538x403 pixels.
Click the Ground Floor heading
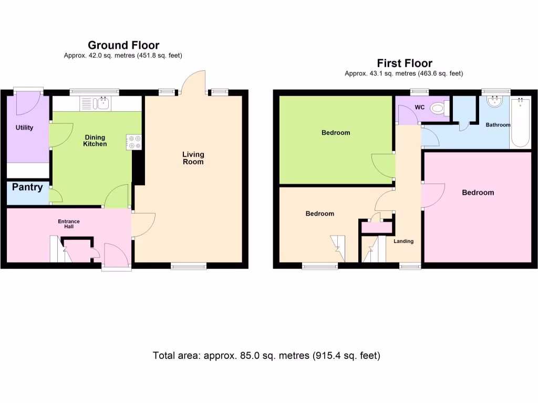coord(123,45)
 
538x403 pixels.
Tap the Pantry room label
coord(27,187)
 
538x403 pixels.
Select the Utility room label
coord(24,128)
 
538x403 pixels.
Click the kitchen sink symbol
coord(95,103)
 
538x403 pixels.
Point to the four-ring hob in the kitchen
coord(133,142)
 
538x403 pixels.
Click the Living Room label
coord(193,158)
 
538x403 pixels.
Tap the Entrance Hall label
coord(69,225)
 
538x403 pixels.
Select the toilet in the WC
coord(438,109)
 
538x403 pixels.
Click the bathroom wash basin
coord(495,101)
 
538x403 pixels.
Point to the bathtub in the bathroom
coord(521,123)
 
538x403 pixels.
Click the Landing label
coord(403,241)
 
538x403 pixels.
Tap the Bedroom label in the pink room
coord(478,193)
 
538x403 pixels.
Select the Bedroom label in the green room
coord(335,133)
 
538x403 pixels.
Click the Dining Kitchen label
coord(95,141)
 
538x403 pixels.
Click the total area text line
coord(266,356)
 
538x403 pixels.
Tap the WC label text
coord(419,108)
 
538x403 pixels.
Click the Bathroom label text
coord(498,125)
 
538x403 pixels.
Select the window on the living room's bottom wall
coord(189,266)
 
